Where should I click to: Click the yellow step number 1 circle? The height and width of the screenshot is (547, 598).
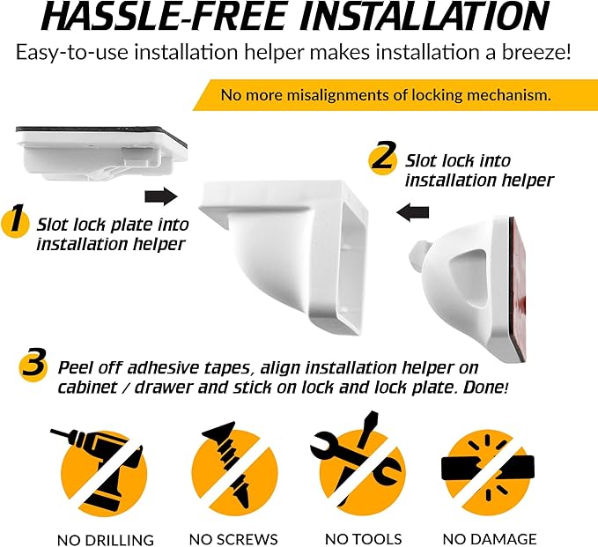tap(15, 222)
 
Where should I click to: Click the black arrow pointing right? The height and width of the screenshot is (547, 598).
tap(161, 196)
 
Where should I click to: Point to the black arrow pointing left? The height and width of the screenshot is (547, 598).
tap(413, 212)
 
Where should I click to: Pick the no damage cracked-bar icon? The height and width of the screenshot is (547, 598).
tap(488, 472)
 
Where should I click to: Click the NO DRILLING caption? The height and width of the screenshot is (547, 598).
tap(106, 540)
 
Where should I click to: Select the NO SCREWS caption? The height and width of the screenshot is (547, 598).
tap(233, 539)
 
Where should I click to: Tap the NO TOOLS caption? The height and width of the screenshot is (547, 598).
tap(363, 539)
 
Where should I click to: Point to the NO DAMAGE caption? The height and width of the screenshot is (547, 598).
tap(490, 539)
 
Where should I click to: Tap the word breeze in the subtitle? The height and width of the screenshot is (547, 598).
tap(535, 52)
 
